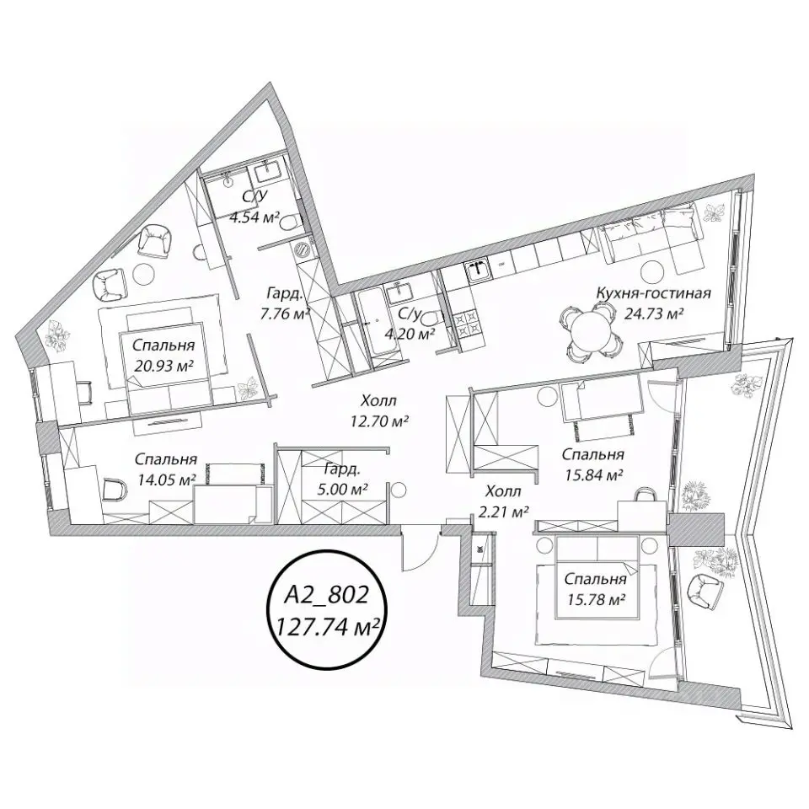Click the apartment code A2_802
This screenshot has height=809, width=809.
click(327, 595)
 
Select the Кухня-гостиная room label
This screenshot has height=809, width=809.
click(653, 293)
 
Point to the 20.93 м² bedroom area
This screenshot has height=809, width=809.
click(163, 366)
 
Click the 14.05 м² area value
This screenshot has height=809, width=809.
click(165, 480)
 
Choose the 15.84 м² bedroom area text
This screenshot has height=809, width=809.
click(592, 474)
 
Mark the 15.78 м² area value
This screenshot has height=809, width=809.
click(596, 598)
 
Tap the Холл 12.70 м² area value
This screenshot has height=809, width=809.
click(380, 421)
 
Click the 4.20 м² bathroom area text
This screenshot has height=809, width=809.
click(410, 334)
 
